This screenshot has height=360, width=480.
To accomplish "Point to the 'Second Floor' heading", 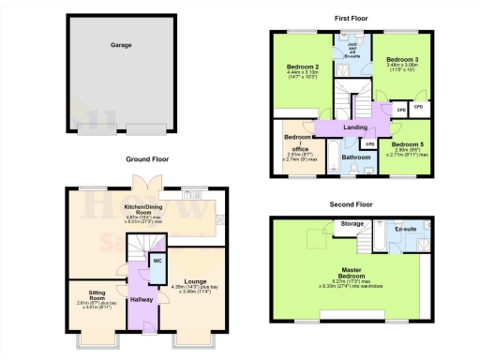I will tap(351, 203).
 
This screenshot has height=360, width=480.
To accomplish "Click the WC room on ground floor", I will tap(157, 260).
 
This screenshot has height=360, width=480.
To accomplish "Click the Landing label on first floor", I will tap(355, 127).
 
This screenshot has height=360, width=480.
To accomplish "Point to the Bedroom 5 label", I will tap(408, 143).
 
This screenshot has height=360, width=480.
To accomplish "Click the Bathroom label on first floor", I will tap(355, 157).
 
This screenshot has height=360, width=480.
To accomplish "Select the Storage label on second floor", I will tap(352, 224).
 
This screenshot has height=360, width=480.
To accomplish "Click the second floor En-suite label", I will tap(407, 228).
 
